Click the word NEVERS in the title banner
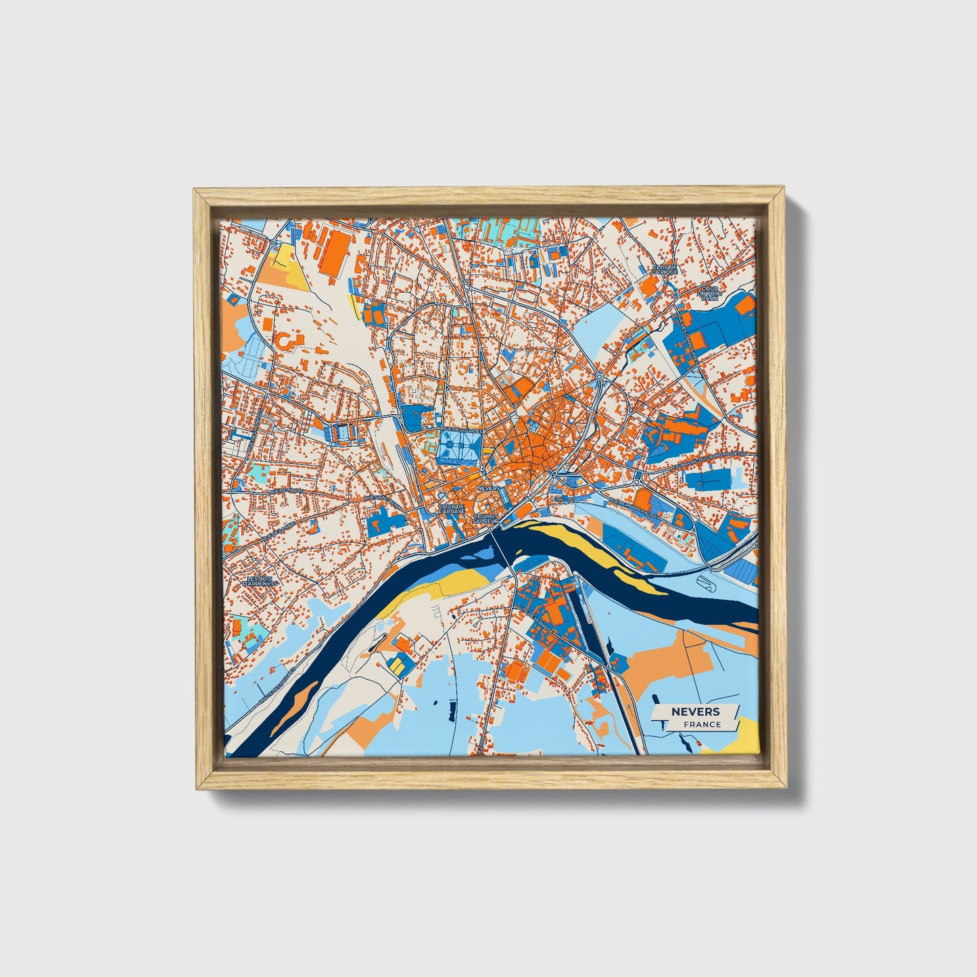click(695, 711)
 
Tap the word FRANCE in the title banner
click(702, 724)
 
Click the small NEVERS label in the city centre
click(487, 487)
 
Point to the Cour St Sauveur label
click(485, 519)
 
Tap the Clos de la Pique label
click(665, 272)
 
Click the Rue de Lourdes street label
click(462, 430)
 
